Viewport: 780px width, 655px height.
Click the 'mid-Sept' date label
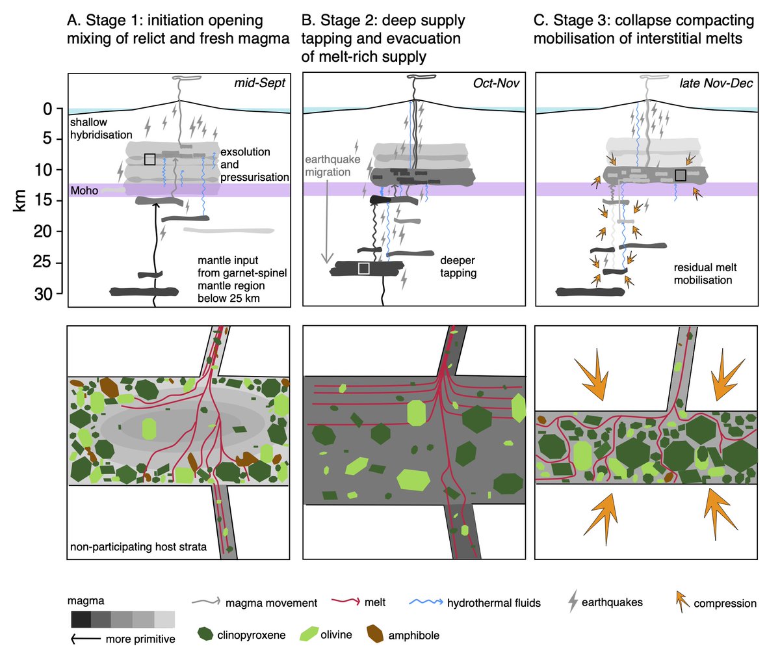[x=259, y=83]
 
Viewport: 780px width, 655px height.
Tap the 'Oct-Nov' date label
[x=496, y=83]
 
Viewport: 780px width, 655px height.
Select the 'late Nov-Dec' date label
[x=716, y=83]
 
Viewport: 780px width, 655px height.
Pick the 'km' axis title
[x=19, y=201]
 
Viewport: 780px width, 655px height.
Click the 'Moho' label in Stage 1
[x=84, y=191]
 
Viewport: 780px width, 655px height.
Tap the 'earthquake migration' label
[x=332, y=166]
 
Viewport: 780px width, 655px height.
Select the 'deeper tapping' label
[x=458, y=267]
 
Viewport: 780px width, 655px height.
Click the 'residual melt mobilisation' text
[x=705, y=274]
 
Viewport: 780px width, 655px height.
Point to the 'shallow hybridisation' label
[x=101, y=128]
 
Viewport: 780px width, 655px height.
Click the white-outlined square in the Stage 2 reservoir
[x=363, y=269]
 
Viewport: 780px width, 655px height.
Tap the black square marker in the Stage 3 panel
[x=681, y=175]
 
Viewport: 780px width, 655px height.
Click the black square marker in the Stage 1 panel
[x=149, y=159]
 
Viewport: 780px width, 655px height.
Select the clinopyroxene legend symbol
[x=205, y=634]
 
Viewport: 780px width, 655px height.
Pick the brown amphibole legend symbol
[x=376, y=634]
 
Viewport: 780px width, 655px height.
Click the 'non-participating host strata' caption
[x=138, y=547]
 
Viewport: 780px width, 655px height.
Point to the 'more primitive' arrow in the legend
[x=86, y=639]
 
